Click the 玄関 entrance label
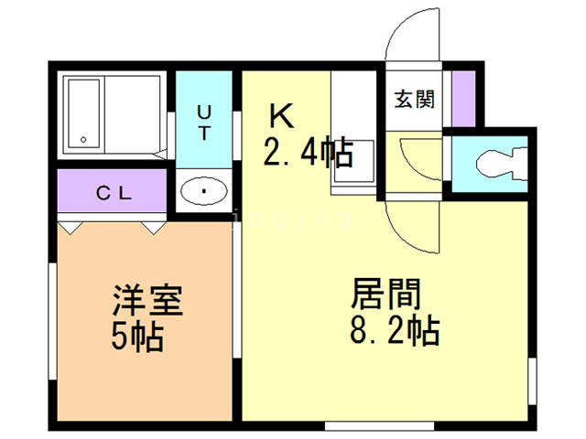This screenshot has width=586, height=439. point(414,99)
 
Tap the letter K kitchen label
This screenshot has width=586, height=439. point(280,117)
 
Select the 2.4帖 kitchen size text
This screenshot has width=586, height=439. point(308,153)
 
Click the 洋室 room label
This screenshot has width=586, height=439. point(148,301)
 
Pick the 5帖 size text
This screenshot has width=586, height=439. point(137,337)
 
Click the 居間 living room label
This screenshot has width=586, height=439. point(385,294)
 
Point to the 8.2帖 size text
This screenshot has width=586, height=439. point(394,329)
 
